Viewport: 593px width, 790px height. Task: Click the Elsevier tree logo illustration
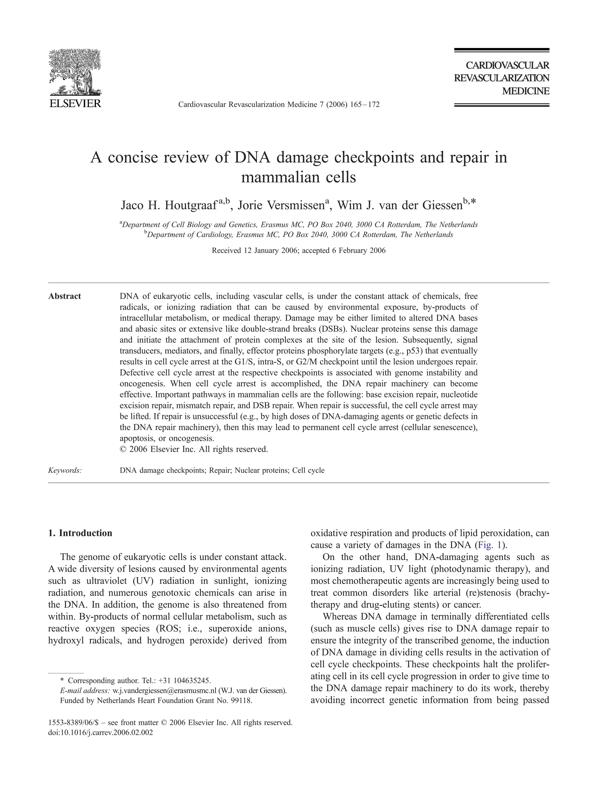75,72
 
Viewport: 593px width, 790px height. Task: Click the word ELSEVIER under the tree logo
75,104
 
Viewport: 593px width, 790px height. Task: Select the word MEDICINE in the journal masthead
526,91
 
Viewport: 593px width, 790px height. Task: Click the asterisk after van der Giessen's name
473,202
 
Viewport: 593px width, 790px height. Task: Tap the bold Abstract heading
65,296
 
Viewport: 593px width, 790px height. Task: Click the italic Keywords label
65,470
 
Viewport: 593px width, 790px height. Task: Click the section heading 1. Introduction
80,533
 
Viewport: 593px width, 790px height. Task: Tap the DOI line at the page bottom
100,732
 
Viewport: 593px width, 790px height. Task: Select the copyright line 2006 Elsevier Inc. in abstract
194,449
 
